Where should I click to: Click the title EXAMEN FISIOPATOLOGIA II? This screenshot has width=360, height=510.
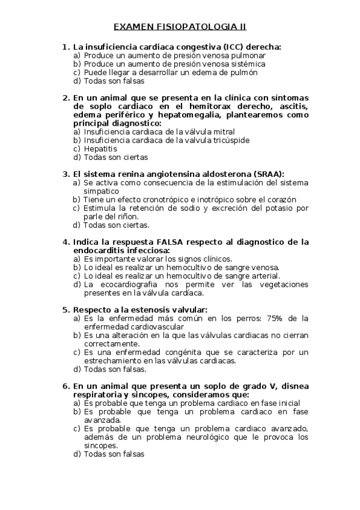click(x=180, y=26)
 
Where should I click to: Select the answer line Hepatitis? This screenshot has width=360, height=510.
click(x=100, y=149)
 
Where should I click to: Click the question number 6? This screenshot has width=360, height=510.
click(x=66, y=386)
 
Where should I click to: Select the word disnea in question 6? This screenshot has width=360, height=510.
click(x=294, y=386)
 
